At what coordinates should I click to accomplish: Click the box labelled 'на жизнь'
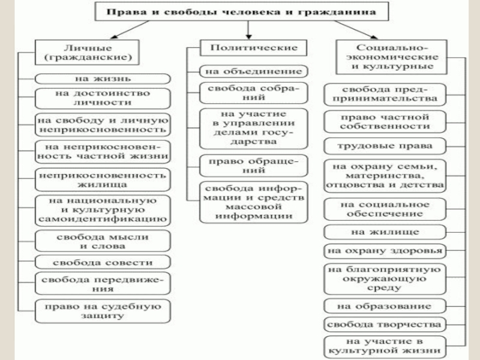(x=103, y=78)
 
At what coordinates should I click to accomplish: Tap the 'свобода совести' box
(x=103, y=262)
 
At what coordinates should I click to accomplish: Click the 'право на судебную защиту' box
(x=103, y=311)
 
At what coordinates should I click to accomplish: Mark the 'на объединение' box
(x=254, y=71)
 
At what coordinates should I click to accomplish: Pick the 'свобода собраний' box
(x=254, y=93)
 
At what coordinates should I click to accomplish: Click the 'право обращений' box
(x=254, y=166)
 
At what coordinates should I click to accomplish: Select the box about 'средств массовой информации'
(x=254, y=201)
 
